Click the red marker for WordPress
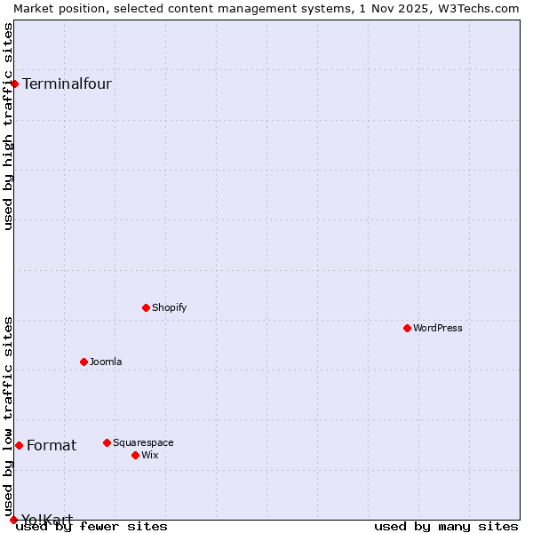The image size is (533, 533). tap(408, 328)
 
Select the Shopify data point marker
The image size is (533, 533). tap(147, 307)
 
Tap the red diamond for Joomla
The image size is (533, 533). tap(84, 362)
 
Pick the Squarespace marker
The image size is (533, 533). tap(107, 442)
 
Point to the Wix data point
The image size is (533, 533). tap(136, 455)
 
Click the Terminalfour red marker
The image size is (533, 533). tap(15, 84)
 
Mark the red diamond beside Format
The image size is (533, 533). tap(19, 445)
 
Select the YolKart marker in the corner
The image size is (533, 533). tap(13, 520)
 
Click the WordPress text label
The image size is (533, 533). tap(438, 328)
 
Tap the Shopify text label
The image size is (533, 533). tap(170, 307)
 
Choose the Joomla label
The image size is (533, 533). tap(106, 362)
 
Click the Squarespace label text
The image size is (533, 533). tap(143, 442)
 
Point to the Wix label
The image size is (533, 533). tap(150, 455)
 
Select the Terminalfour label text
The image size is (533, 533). tap(67, 84)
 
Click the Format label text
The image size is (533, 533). tap(52, 446)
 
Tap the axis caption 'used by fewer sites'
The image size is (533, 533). tap(92, 526)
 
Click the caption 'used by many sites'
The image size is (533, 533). tap(446, 526)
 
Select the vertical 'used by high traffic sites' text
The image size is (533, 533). tap(8, 126)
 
